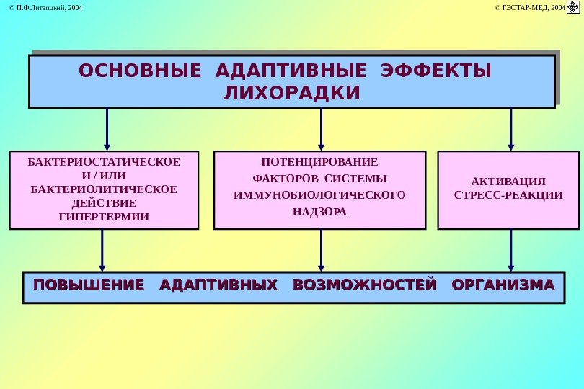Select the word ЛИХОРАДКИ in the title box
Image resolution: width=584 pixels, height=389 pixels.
coord(292,94)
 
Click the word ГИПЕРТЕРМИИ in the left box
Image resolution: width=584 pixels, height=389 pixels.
coord(104,216)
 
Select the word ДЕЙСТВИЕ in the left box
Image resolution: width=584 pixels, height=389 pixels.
coord(104,202)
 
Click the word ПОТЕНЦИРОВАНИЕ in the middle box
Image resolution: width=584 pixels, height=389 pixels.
coord(319,161)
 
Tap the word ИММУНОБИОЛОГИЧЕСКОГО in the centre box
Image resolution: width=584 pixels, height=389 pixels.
coord(319,194)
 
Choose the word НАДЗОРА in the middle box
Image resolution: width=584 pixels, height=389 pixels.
coord(319,212)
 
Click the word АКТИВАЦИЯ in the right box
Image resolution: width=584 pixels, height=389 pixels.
coord(508,181)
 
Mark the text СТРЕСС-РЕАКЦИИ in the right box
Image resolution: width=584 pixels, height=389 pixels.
coord(508,195)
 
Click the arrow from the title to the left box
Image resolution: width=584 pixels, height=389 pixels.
coord(107,128)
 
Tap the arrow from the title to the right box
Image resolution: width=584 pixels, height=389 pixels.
coord(511,128)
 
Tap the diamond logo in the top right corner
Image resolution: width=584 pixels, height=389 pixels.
coord(574,8)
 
